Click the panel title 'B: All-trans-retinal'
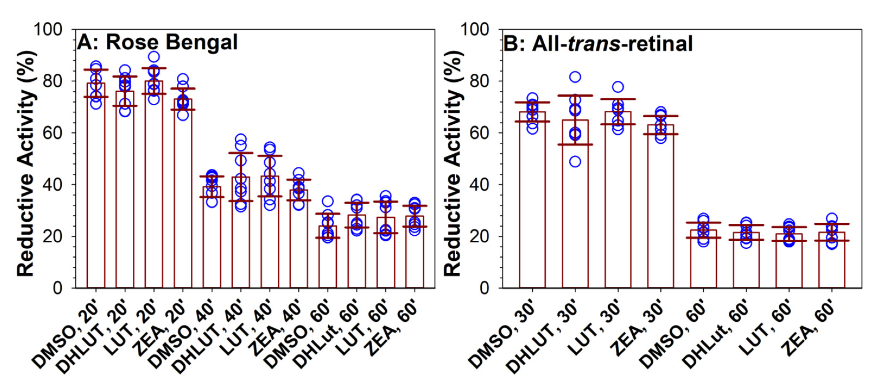click(598, 43)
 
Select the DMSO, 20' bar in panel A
click(96, 204)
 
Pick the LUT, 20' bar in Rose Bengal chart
click(154, 204)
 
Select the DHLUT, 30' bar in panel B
click(575, 221)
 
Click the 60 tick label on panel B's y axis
click(479, 133)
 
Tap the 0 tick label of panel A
click(58, 288)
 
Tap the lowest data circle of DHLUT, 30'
click(575, 161)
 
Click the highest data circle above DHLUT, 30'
click(575, 77)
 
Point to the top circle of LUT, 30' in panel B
click(618, 87)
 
